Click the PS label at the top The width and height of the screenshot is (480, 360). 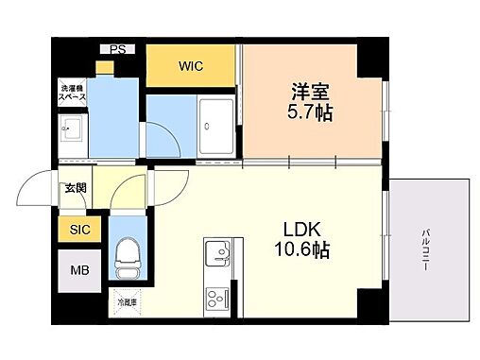click(x=117, y=48)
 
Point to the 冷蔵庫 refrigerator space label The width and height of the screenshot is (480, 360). click(x=125, y=302)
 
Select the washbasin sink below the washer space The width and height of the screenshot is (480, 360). click(x=72, y=131)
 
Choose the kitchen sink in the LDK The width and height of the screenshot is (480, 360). click(x=218, y=252)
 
